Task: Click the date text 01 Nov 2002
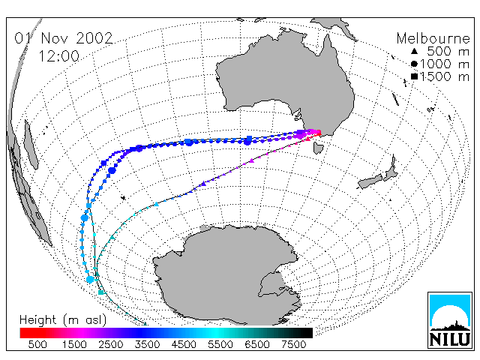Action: pos(64,38)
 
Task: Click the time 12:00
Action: pos(58,56)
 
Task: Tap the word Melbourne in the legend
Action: pos(433,38)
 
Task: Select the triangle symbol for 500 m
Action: pos(414,51)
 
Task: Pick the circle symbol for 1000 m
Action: pos(414,64)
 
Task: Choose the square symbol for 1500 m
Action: pos(414,76)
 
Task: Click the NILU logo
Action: pos(450,320)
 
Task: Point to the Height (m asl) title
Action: pos(63,320)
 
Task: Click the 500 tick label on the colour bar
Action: pos(37,345)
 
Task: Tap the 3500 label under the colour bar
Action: pos(147,345)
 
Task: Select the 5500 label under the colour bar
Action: pos(220,345)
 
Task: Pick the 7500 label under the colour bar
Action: pos(293,345)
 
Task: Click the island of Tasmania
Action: pos(318,148)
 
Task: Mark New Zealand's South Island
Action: pos(370,181)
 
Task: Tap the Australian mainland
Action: pos(285,82)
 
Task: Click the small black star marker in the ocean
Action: pos(123,198)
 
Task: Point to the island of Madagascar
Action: pos(31,144)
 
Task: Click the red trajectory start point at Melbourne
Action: pos(319,133)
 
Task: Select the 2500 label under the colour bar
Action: pos(110,345)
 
